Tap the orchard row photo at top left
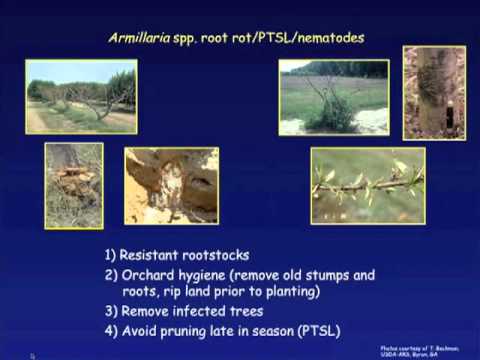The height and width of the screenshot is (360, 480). tap(81, 97)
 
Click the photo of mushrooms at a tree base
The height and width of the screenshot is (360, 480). tap(73, 185)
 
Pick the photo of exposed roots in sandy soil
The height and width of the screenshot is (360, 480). tap(171, 185)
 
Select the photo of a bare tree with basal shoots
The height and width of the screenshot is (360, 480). tap(333, 97)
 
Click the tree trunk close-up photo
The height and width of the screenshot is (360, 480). tap(433, 93)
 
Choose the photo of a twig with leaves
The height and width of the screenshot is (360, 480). tap(367, 185)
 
